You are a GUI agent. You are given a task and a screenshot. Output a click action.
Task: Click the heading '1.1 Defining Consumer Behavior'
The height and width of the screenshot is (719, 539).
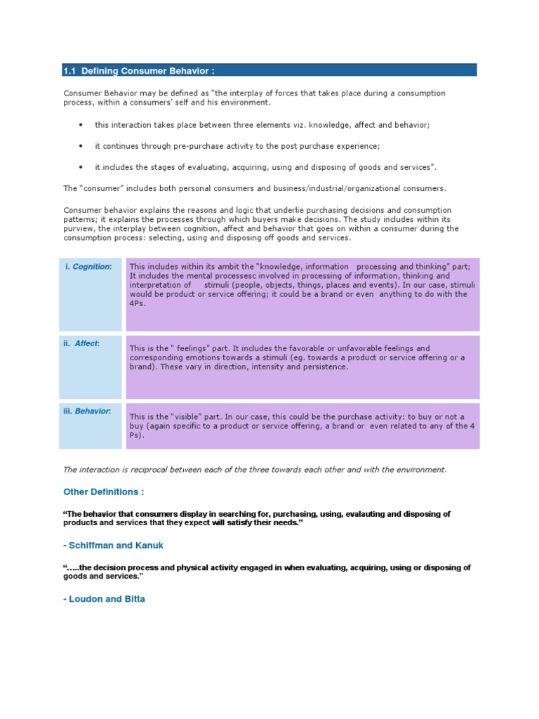pyautogui.click(x=138, y=70)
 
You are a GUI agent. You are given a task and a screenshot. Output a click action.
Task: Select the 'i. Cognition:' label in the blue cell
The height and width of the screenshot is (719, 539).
pyautogui.click(x=88, y=267)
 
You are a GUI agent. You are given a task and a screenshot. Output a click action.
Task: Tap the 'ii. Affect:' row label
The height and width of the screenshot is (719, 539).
pyautogui.click(x=82, y=343)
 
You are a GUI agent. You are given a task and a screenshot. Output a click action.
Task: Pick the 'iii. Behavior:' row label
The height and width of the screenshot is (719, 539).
pyautogui.click(x=88, y=411)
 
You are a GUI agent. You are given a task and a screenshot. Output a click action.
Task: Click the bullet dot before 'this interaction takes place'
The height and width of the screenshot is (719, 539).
pyautogui.click(x=81, y=125)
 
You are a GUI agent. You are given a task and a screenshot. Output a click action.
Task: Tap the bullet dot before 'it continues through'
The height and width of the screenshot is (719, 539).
pyautogui.click(x=81, y=146)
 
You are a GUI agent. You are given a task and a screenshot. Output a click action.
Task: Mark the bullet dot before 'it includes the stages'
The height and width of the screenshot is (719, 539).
pyautogui.click(x=81, y=167)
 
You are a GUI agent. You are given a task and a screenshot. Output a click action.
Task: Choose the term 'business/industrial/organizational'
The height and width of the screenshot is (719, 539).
pyautogui.click(x=338, y=188)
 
